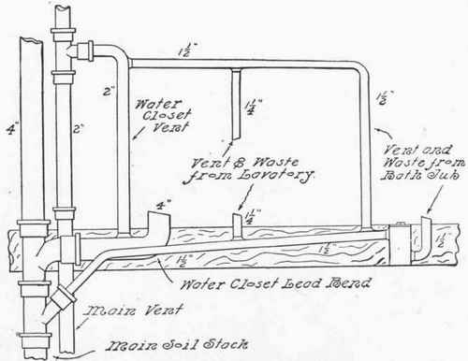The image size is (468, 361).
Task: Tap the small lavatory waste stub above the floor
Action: (235, 224)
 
